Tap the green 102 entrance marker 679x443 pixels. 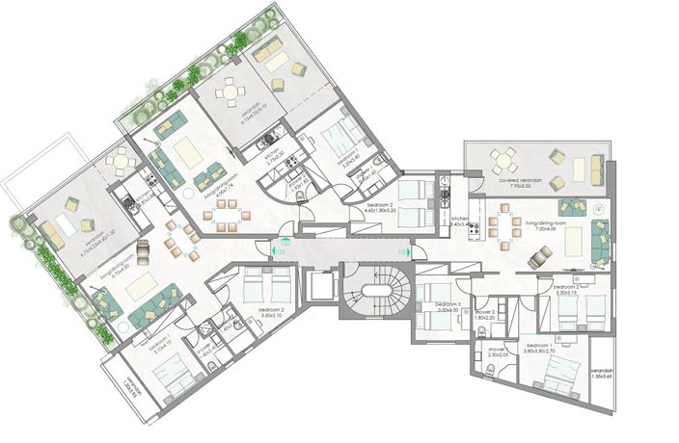(285, 244)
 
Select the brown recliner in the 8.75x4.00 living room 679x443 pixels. (143, 252)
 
